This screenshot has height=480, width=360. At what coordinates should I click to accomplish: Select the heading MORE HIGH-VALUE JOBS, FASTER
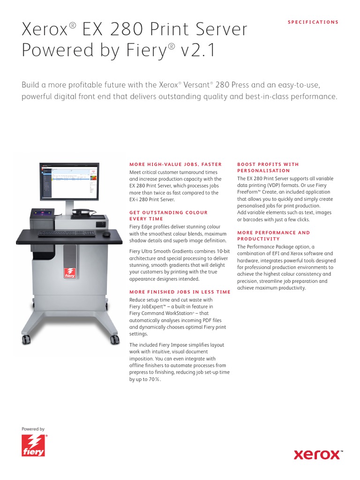[x=175, y=165]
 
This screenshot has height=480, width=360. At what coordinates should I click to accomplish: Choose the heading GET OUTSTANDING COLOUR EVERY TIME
[x=168, y=216]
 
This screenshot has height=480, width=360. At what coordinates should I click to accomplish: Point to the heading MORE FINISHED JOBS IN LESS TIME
[x=180, y=292]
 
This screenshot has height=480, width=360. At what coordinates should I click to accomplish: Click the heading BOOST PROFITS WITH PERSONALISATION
[x=268, y=167]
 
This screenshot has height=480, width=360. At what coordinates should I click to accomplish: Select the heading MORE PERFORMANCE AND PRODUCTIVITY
[x=273, y=235]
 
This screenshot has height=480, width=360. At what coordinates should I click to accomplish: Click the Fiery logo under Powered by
[x=34, y=446]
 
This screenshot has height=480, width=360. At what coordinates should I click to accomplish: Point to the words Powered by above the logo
[x=33, y=429]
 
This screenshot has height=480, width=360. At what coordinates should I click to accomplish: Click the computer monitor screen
[x=68, y=180]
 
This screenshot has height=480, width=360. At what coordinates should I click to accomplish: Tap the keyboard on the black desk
[x=67, y=233]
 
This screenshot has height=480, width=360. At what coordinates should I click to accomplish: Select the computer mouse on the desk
[x=107, y=234]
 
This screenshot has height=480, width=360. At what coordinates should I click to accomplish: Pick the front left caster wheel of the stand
[x=26, y=338]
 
